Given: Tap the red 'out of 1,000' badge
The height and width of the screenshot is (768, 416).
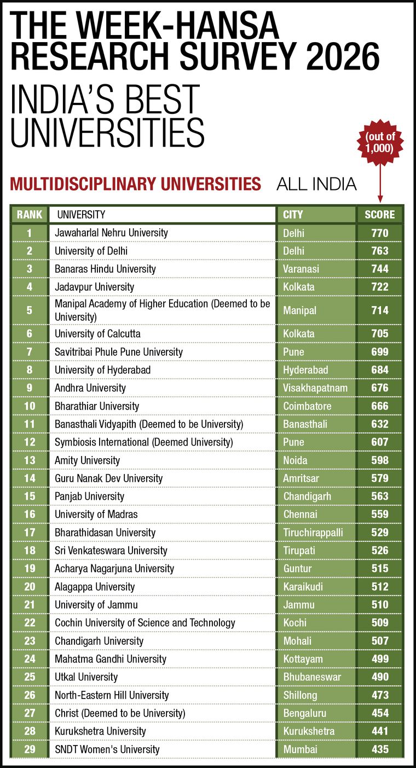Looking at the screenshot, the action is point(380,142).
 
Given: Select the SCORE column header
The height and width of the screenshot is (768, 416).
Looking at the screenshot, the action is point(380,215).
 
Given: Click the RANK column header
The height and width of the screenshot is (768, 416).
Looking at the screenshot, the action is point(30,215).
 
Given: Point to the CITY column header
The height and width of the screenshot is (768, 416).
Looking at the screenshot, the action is point(292,215).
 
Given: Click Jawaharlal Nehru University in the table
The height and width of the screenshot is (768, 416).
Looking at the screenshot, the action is point(111,233).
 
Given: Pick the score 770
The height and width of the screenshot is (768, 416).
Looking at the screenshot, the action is point(380,233).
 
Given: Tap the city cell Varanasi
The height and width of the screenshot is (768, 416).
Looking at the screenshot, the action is point(301,269).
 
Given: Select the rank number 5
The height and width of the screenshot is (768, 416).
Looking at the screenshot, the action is point(30,310).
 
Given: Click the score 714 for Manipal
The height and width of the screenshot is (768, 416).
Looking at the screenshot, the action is point(380,310).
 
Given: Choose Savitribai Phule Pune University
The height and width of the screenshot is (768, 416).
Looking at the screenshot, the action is point(119,352).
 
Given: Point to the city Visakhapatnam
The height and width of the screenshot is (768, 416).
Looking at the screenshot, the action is point(315,388).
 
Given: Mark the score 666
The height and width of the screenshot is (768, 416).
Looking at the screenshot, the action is point(380,406).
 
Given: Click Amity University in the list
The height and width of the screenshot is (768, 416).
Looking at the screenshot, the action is point(87,460).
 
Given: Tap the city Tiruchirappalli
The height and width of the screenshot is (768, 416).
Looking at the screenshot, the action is point(313,533).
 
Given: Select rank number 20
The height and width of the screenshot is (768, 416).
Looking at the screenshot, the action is point(30,587).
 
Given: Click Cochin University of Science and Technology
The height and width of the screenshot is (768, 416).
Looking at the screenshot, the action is point(145,622).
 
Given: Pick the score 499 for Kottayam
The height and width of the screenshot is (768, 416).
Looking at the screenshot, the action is point(380,659).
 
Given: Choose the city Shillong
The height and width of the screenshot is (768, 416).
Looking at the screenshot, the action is point(300,695).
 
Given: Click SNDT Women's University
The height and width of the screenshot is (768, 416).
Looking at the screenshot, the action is point(107,749).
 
